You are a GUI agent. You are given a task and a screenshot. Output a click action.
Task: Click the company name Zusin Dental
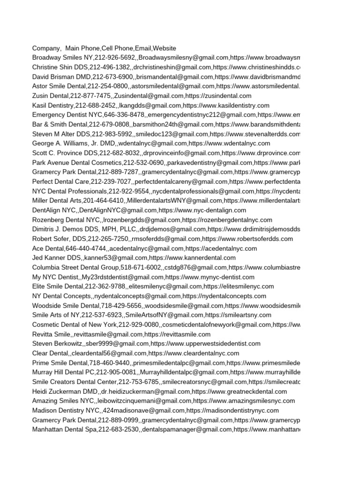tap(51, 96)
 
